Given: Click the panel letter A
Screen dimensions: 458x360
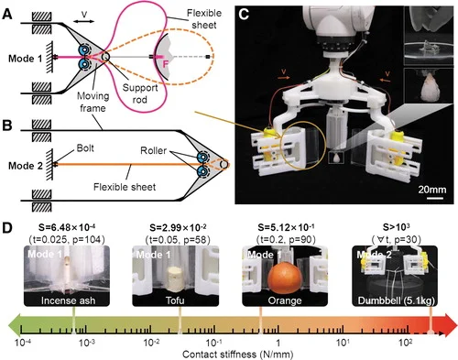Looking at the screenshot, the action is pos(7,15).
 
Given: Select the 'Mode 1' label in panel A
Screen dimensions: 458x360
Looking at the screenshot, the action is pos(25,59).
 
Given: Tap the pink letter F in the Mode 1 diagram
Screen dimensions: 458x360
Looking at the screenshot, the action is pos(165,64).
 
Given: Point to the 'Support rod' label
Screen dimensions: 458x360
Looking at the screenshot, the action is pos(140,93).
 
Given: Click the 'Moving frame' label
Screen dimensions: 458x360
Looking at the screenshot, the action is pos(93,102).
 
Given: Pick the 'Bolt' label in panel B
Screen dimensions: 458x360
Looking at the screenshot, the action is pos(85,148).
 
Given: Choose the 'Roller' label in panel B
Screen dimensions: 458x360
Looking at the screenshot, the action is pos(153,150).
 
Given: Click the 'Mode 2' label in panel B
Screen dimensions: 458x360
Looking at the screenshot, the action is pos(26,166).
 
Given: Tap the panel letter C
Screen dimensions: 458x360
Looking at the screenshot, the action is pos(244,15).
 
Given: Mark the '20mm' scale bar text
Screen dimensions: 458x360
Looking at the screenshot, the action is pos(432,190).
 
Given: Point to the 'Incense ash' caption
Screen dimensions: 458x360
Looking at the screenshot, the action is pos(68,300).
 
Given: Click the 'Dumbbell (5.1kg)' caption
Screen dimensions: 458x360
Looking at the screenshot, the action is pos(396,300).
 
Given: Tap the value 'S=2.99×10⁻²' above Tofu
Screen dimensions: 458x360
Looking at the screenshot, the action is pos(178,227).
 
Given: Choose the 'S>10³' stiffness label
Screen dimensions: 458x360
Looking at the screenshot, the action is pos(397,227).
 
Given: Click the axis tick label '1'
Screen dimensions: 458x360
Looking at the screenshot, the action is pos(278,343).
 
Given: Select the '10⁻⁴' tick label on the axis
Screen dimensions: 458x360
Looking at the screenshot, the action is pos(23,343).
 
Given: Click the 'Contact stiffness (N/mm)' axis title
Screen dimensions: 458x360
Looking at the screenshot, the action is pos(237,355).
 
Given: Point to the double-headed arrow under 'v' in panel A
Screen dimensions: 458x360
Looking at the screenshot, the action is pos(84,21).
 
